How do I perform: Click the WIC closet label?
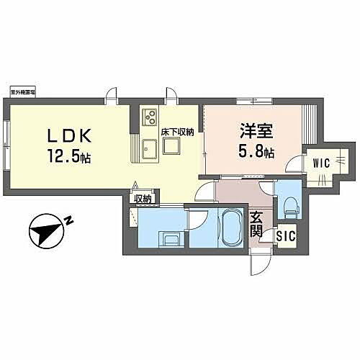(x=320, y=163)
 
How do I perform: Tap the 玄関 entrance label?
(x=257, y=224)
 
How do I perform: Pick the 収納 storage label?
(x=142, y=199)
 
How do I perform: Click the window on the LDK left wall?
(x=6, y=137)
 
